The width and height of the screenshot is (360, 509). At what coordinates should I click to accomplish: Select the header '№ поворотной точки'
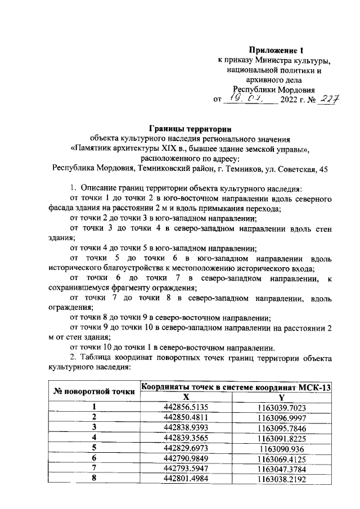tap(94, 391)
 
